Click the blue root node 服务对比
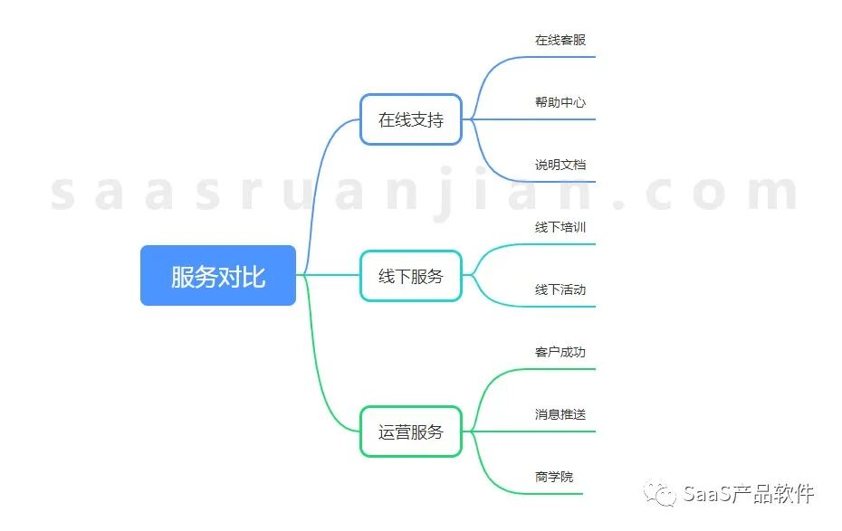(218, 275)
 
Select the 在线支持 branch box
(411, 119)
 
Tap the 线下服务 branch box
(411, 275)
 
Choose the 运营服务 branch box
(411, 431)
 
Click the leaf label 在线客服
(560, 40)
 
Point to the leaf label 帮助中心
(560, 102)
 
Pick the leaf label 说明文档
(560, 165)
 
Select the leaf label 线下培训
(560, 227)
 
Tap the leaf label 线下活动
(560, 289)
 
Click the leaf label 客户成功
(560, 352)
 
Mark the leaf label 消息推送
(560, 414)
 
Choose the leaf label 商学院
(554, 477)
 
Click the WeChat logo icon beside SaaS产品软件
(661, 494)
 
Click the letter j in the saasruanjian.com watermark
(442, 192)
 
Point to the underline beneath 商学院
(543, 494)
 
